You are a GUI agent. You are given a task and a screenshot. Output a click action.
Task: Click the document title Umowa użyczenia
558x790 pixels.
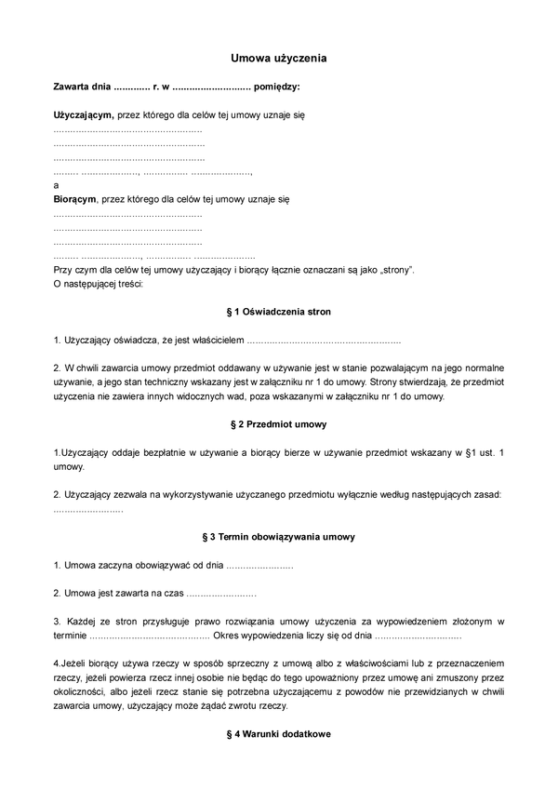(x=279, y=58)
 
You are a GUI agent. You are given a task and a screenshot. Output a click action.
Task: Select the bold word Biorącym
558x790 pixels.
(x=74, y=198)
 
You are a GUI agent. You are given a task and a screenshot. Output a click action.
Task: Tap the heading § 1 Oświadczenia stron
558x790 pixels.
(x=279, y=311)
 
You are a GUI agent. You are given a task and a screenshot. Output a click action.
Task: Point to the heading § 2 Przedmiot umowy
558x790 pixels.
(x=279, y=424)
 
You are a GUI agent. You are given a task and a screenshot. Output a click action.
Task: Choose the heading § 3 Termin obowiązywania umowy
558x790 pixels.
(x=279, y=537)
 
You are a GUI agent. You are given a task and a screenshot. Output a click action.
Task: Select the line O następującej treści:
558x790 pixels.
(x=98, y=283)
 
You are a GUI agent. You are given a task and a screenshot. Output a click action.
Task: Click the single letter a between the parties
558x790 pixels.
(x=56, y=184)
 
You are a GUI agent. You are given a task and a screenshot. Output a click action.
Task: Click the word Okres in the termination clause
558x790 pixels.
(x=228, y=636)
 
